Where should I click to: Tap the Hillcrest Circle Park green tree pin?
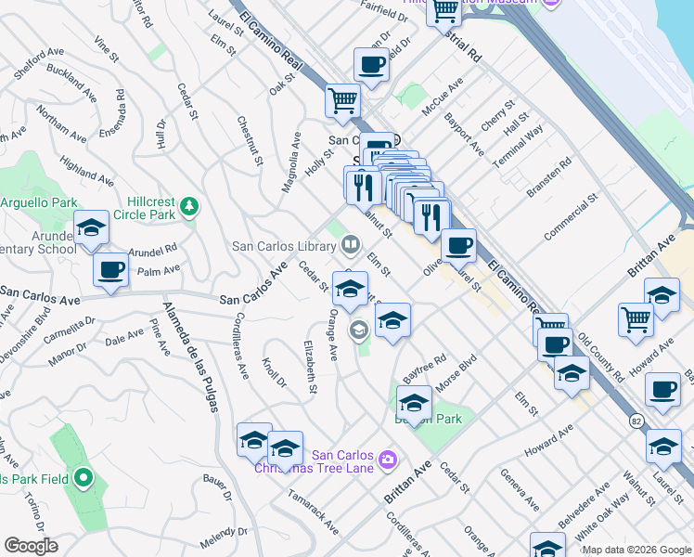click(x=189, y=205)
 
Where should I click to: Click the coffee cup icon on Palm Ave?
click(x=110, y=270)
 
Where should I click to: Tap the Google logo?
click(x=31, y=546)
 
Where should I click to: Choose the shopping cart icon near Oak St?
click(x=342, y=100)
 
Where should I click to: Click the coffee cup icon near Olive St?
click(x=458, y=246)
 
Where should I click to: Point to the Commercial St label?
click(x=571, y=219)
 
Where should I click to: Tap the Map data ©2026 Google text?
click(x=636, y=550)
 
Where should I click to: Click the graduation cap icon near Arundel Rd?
click(x=91, y=228)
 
